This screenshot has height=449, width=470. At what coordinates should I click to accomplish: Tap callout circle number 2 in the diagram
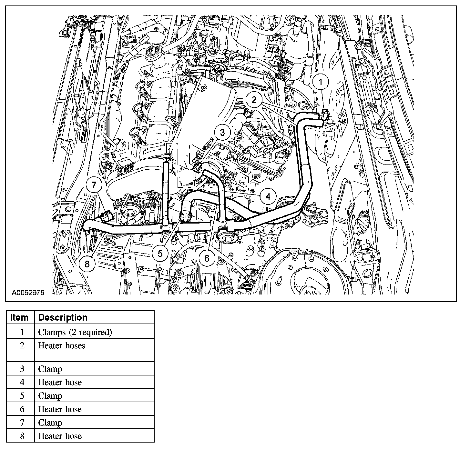254,100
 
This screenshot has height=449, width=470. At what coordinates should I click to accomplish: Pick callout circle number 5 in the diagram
160,254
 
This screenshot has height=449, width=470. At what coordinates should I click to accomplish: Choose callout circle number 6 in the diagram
207,258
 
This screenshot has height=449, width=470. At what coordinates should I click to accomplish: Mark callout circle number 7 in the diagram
94,185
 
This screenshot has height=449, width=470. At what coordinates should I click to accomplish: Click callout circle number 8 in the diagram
87,264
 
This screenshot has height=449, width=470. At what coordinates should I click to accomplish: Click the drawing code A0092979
28,293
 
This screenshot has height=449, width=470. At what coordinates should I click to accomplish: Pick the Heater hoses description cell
62,346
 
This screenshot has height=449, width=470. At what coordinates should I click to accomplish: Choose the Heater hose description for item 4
60,383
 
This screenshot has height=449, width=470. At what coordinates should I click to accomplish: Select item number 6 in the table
22,409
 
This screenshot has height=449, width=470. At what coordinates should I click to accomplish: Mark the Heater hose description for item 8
60,436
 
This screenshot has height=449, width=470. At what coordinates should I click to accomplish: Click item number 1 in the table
22,332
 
